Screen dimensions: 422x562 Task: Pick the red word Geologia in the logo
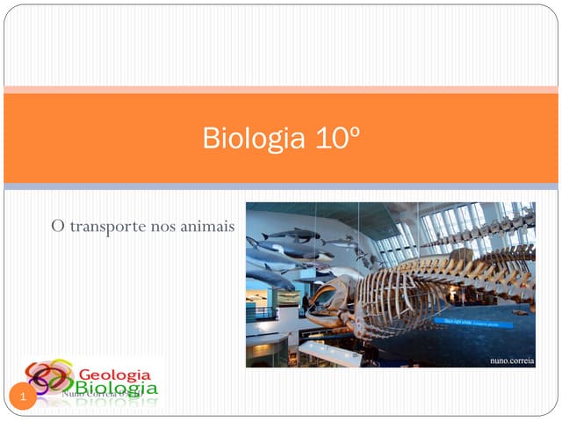[116, 373]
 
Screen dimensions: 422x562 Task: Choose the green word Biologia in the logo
[116, 388]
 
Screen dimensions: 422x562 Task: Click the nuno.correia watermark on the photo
[510, 360]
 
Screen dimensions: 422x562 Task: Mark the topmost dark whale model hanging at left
[293, 234]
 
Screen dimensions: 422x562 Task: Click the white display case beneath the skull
[329, 350]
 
